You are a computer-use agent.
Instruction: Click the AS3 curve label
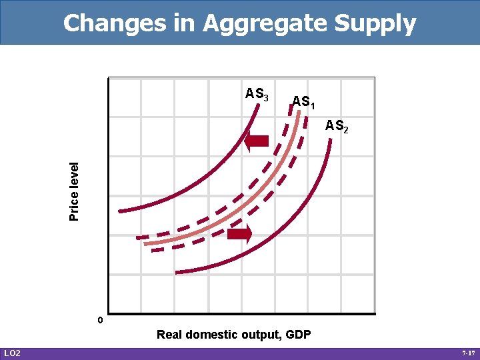click(257, 94)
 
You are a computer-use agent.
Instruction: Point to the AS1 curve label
click(304, 102)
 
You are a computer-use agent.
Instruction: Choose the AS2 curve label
click(336, 125)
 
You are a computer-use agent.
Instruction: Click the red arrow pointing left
click(256, 141)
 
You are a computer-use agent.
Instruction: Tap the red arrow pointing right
click(239, 234)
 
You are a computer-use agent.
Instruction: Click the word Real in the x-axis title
click(169, 335)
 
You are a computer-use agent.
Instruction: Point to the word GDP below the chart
click(298, 335)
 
